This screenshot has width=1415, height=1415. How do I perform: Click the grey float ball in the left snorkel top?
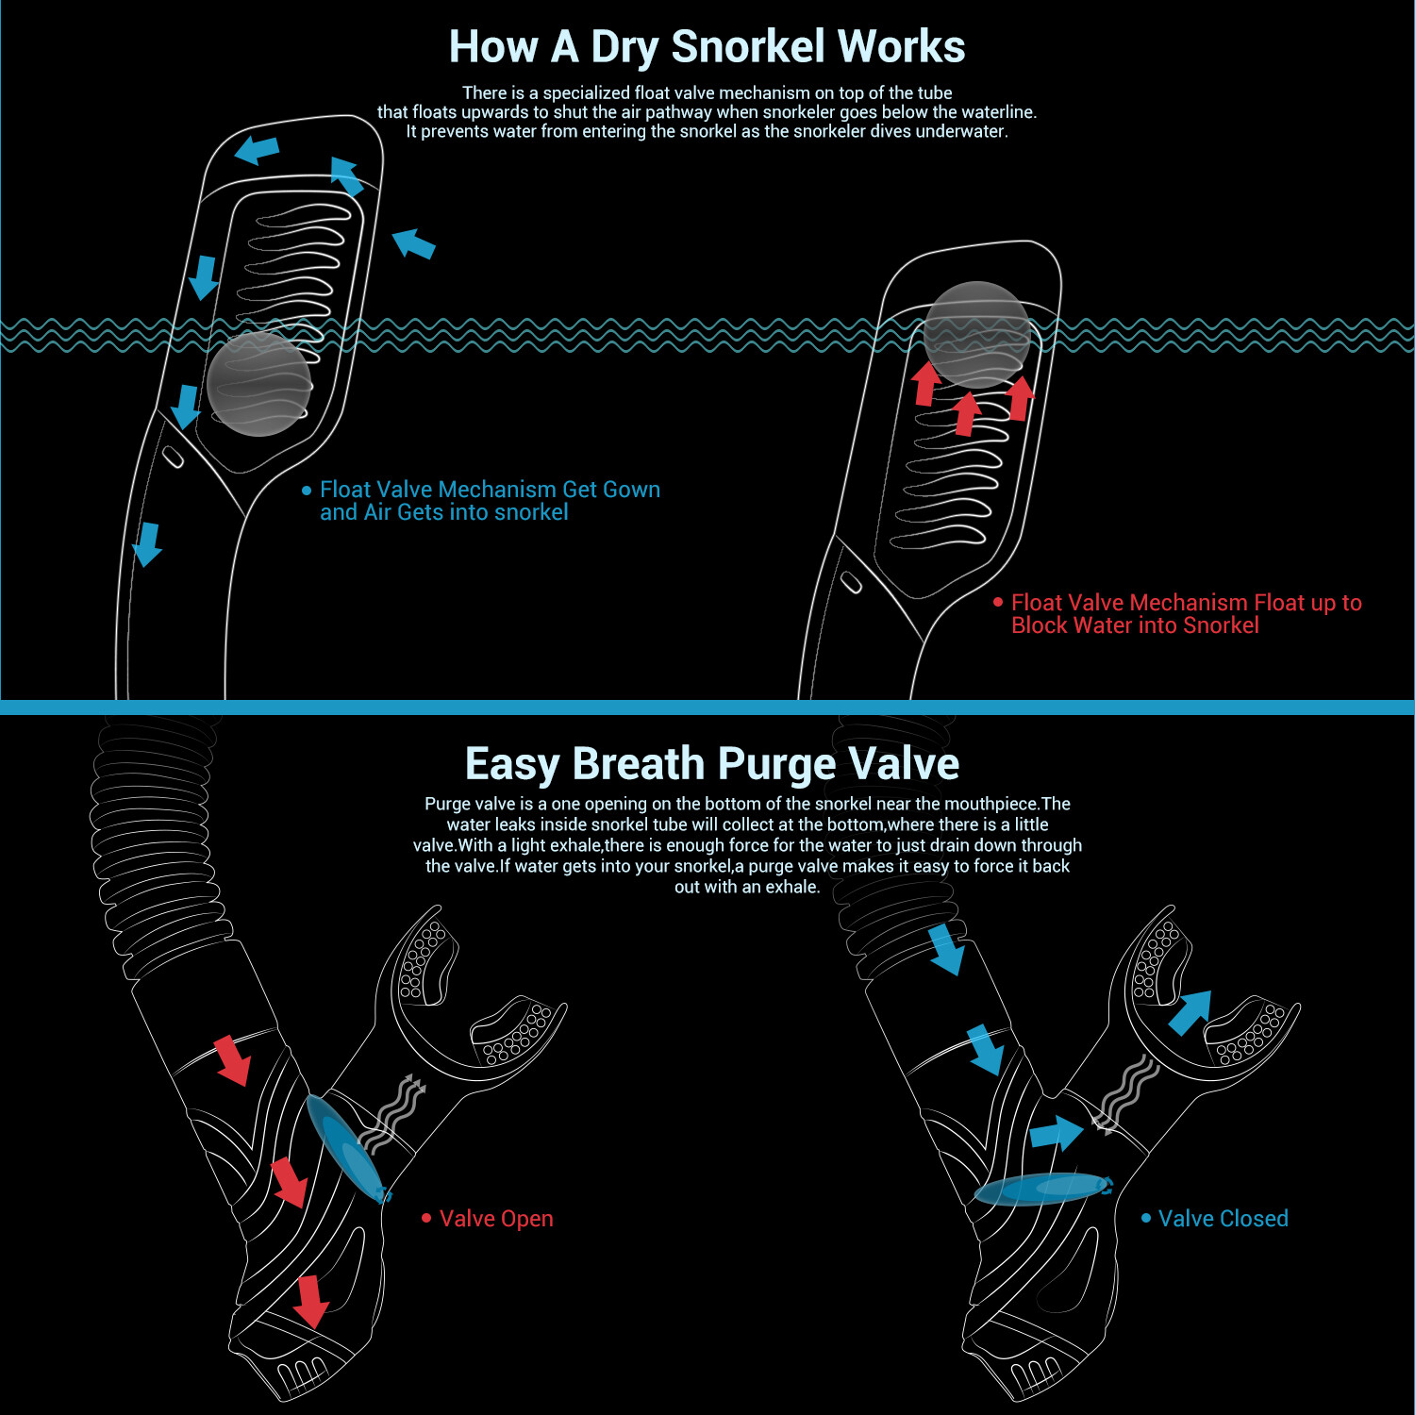(258, 383)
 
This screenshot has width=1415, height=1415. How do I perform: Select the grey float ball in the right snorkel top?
(977, 334)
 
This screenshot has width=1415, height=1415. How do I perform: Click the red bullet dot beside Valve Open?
(426, 1218)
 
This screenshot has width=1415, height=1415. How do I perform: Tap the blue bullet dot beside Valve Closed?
(1146, 1218)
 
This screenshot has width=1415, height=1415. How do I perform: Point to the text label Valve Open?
(496, 1219)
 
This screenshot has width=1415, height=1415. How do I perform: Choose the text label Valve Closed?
(1224, 1219)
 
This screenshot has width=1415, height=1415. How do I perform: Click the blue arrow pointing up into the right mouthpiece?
(1190, 1013)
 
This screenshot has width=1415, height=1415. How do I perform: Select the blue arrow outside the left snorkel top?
(413, 243)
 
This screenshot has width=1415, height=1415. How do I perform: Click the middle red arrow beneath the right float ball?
(965, 413)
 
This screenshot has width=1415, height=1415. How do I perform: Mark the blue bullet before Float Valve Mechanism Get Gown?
(307, 491)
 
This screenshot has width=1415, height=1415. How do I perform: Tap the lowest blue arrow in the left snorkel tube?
(147, 544)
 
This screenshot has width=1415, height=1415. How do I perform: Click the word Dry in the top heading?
(624, 48)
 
